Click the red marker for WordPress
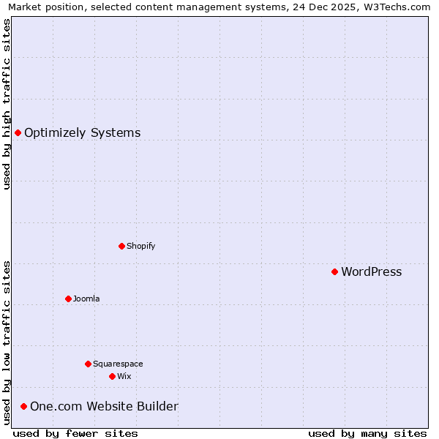(x=334, y=271)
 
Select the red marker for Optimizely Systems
(x=18, y=132)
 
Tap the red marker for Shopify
(x=121, y=246)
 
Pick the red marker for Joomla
(x=68, y=299)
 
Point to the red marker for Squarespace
(x=88, y=364)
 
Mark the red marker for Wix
(x=112, y=376)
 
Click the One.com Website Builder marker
(x=23, y=406)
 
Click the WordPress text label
(x=371, y=272)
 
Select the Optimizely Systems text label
(x=82, y=133)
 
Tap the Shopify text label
(x=140, y=247)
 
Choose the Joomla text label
(x=86, y=299)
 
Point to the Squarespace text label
(x=118, y=364)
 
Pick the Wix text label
(x=124, y=377)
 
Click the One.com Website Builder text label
(x=104, y=407)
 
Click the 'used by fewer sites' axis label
(x=75, y=433)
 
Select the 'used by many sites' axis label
(x=367, y=433)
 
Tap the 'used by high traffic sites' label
(x=7, y=104)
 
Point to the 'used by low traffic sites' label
(x=7, y=342)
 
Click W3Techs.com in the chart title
(x=398, y=7)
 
